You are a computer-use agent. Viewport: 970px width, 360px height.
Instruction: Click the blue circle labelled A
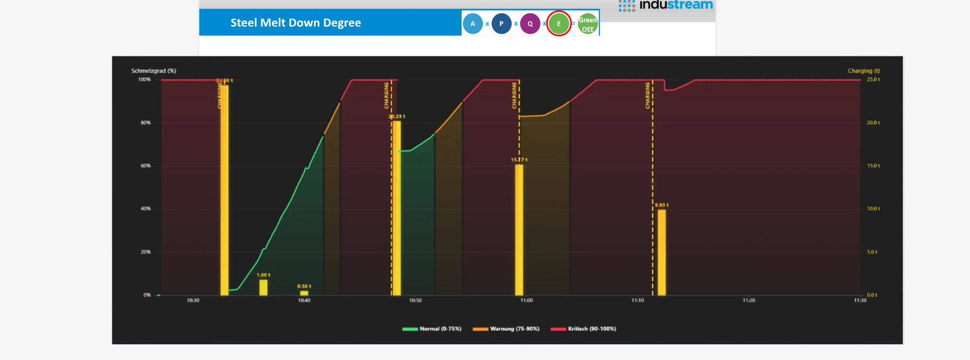473,24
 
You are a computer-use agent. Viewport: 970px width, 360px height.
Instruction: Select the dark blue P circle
501,24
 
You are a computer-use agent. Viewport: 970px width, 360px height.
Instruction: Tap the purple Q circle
530,24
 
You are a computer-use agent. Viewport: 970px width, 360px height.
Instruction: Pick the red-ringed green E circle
559,24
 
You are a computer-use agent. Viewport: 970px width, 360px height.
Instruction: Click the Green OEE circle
587,24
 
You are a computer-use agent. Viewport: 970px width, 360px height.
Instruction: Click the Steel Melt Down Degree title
295,23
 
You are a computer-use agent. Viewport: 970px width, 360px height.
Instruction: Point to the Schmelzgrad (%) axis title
154,71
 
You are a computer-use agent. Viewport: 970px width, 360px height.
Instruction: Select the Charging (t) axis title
864,71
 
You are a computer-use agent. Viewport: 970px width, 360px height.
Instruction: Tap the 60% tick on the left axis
146,166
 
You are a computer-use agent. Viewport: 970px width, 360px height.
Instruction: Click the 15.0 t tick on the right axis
873,166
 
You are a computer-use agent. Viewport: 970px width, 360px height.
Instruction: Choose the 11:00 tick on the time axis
526,300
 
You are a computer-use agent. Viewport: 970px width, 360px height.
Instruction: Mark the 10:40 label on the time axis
304,300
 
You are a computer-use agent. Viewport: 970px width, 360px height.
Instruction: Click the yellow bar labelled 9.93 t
662,252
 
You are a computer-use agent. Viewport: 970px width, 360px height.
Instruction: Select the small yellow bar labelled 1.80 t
263,287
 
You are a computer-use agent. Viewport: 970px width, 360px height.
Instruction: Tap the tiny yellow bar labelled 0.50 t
304,293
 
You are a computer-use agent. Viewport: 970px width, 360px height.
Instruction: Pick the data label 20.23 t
397,116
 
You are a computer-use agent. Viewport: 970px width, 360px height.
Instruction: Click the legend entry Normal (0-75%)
432,329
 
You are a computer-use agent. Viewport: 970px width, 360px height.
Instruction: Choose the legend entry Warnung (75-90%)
506,329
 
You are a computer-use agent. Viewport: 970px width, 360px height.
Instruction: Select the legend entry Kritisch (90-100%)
583,329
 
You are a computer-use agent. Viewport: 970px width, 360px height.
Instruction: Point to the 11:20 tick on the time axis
749,300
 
